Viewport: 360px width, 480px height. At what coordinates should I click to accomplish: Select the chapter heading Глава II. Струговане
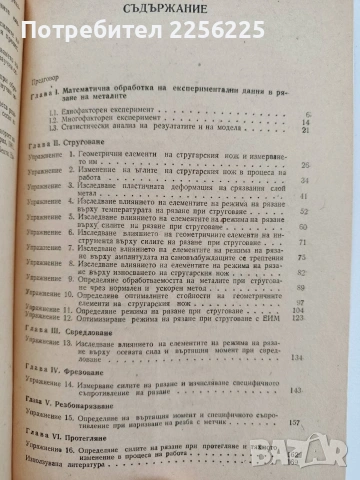pyautogui.click(x=62, y=143)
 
